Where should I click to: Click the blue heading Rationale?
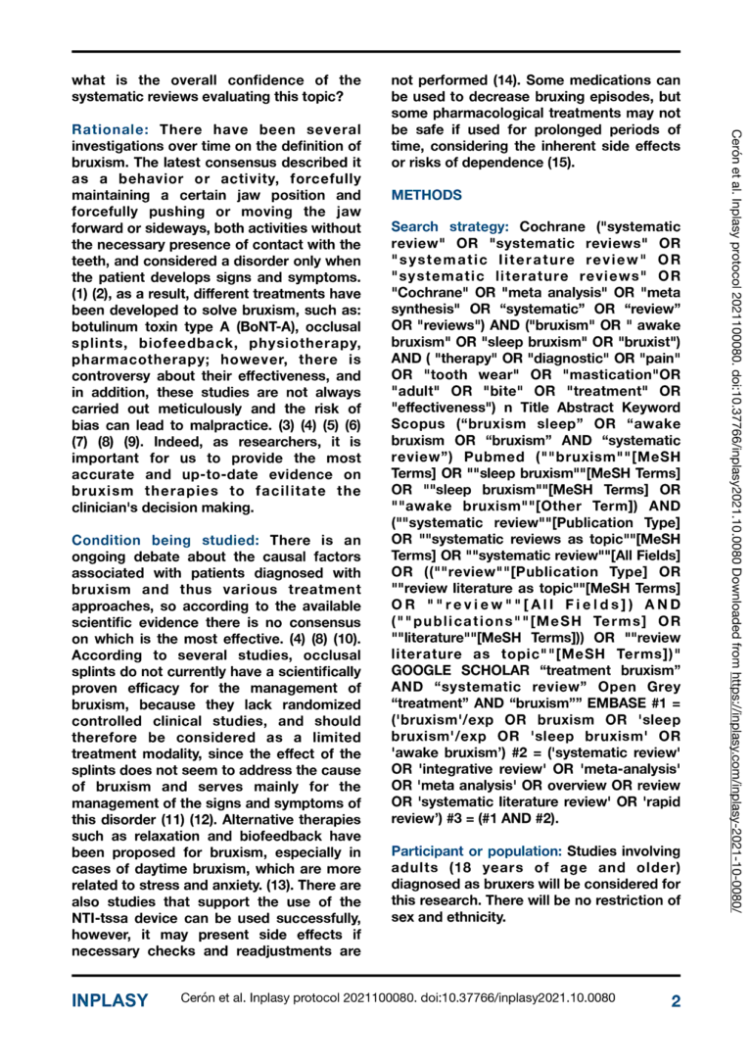point(112,129)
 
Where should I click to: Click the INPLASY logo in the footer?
point(110,1000)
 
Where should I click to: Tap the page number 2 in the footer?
point(676,1000)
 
